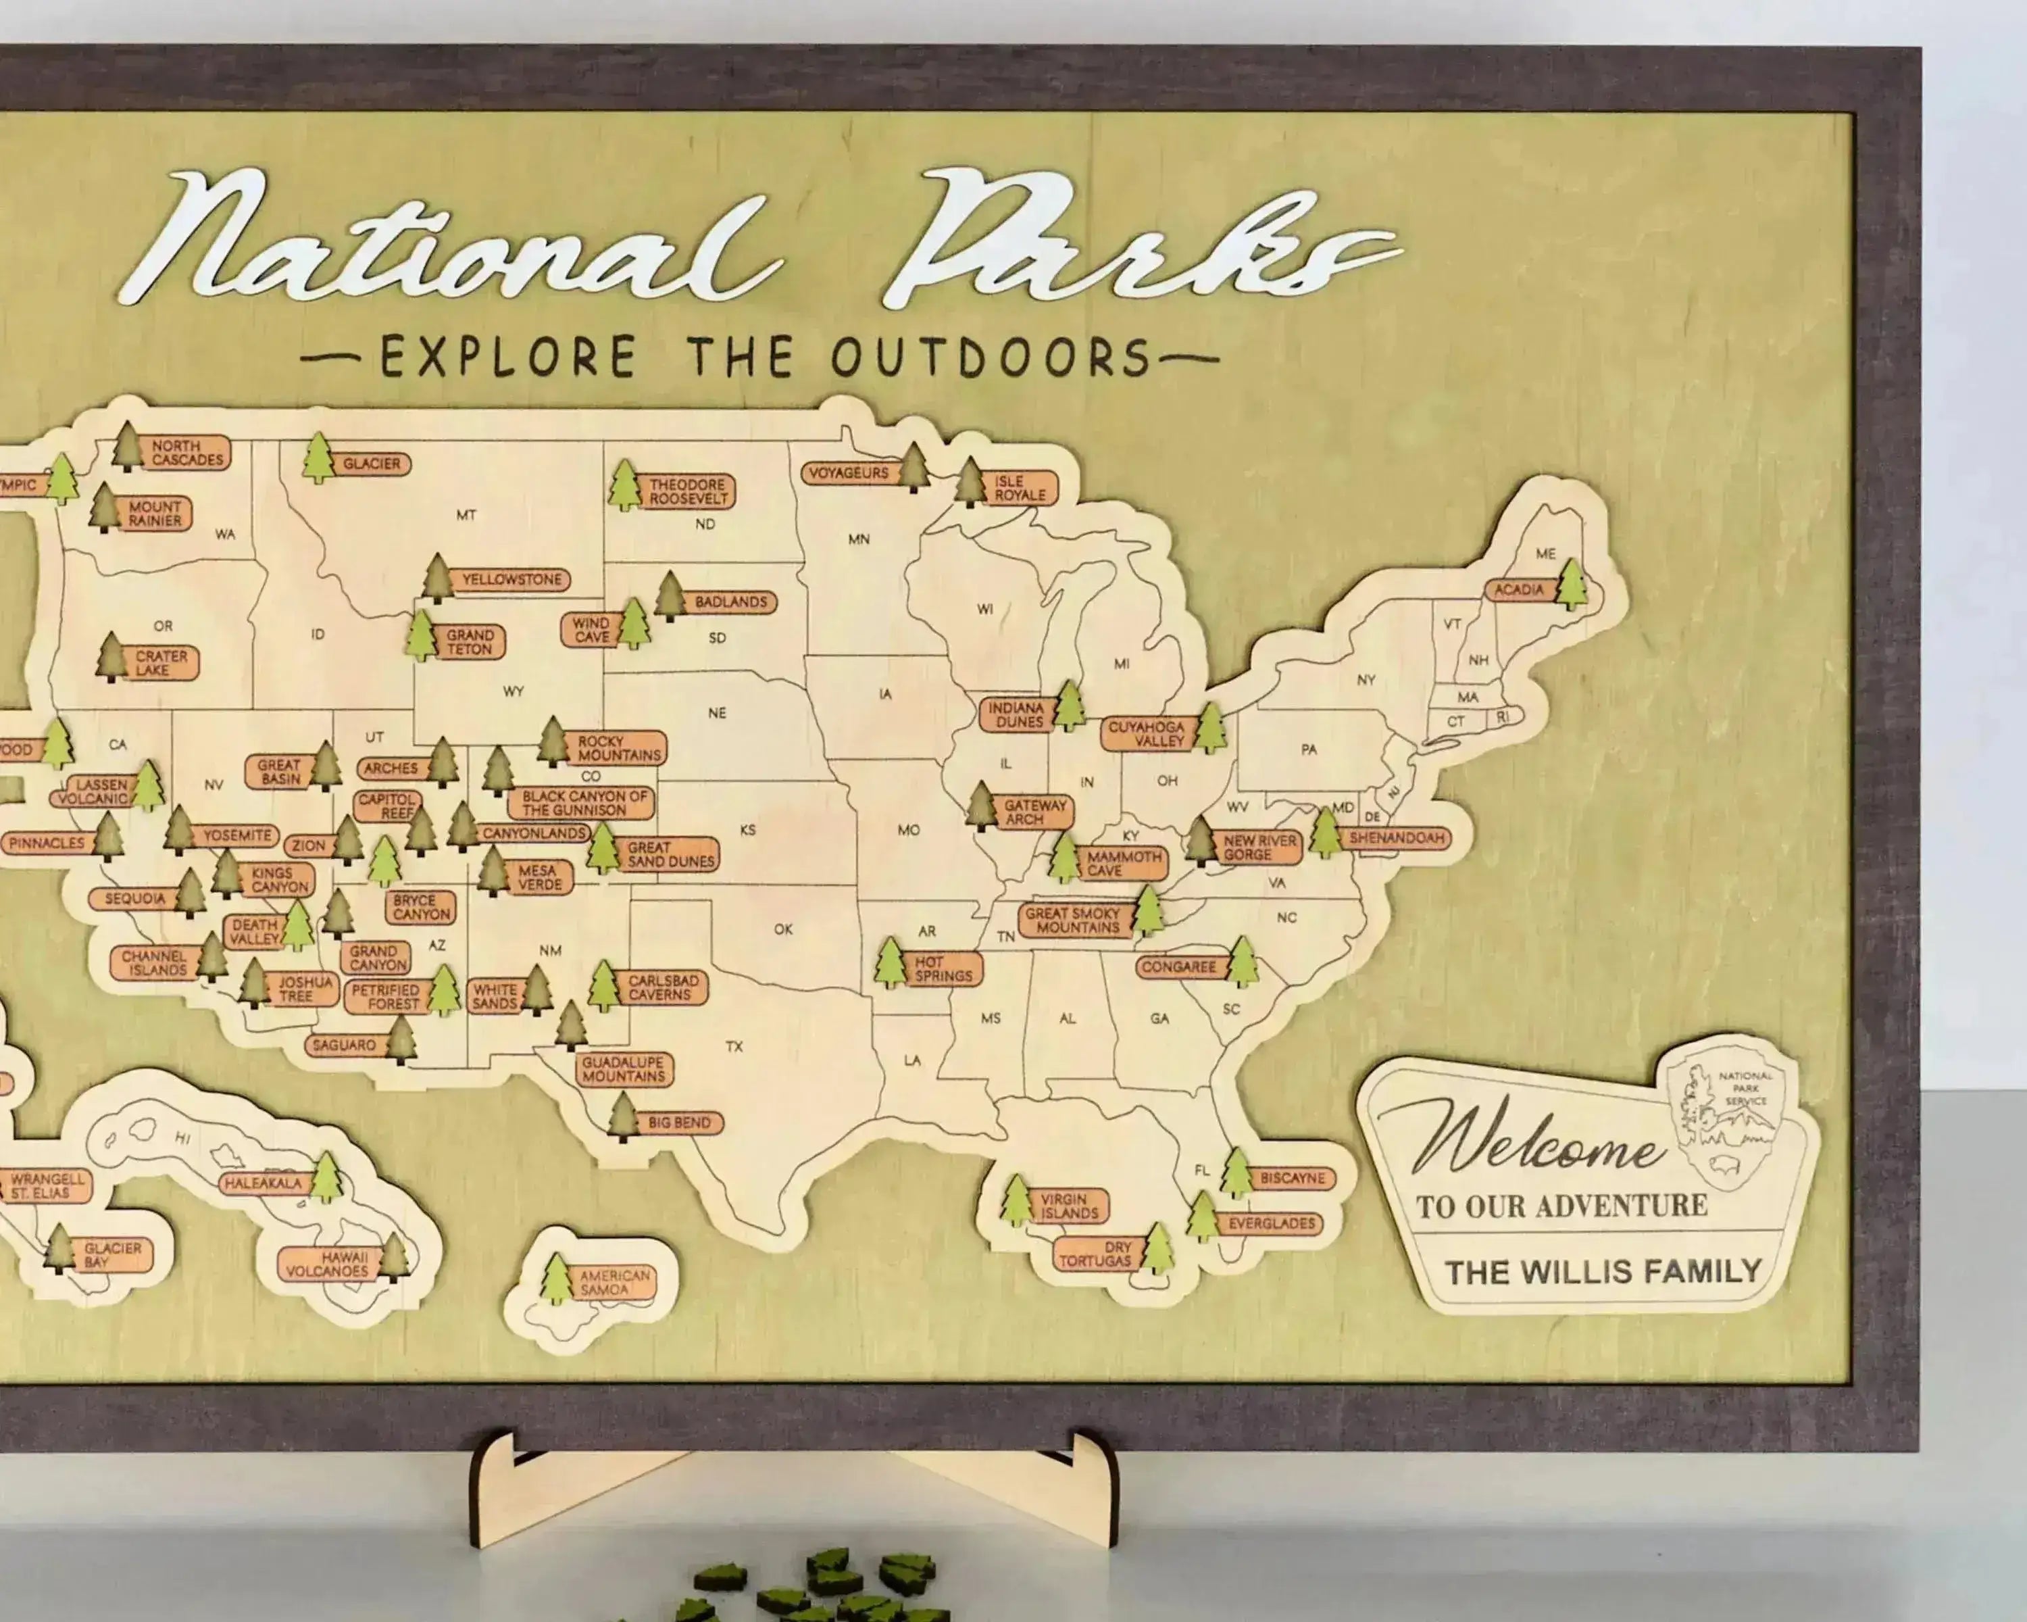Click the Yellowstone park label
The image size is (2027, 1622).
[x=511, y=580]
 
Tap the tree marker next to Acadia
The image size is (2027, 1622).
[x=1571, y=584]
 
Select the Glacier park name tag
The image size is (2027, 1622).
[x=372, y=464]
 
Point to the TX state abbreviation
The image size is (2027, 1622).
[x=734, y=1047]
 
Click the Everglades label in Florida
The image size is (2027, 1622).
[x=1271, y=1223]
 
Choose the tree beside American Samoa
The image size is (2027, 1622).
[x=557, y=1279]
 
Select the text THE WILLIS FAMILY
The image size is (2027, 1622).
[x=1603, y=1272]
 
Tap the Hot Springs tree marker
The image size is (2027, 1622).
[x=889, y=963]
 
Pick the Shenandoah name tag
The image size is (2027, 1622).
[x=1396, y=838]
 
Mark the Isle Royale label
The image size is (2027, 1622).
[x=1020, y=488]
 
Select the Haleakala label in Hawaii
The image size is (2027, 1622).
[x=262, y=1183]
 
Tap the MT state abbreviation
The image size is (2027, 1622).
[x=466, y=515]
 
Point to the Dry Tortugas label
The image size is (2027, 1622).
[x=1095, y=1254]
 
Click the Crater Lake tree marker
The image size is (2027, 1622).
[x=111, y=658]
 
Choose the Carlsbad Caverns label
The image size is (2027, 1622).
[x=663, y=988]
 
